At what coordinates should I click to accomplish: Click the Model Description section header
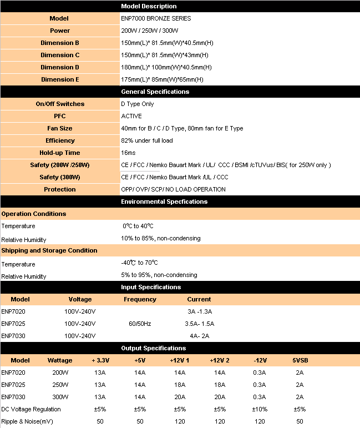149,6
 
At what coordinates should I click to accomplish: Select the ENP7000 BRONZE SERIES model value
148,18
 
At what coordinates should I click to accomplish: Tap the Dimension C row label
60,55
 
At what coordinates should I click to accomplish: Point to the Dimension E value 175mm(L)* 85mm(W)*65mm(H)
166,79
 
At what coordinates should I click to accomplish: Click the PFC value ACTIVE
131,116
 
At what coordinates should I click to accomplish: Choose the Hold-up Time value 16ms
128,153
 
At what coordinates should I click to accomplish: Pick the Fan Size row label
60,128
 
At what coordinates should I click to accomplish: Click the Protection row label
60,189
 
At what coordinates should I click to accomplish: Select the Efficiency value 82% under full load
147,140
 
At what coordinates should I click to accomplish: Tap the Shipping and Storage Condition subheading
49,250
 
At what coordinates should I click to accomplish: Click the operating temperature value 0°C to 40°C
138,226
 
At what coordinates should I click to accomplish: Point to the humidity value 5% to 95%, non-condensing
159,275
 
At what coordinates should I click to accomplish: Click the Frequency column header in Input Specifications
140,299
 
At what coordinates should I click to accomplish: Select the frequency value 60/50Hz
140,324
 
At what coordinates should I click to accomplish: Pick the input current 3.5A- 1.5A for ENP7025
199,324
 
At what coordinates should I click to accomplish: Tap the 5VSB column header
300,360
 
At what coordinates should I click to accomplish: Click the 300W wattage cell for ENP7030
60,397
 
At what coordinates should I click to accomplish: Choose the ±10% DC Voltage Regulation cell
260,409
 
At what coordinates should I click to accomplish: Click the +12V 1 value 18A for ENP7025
180,385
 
